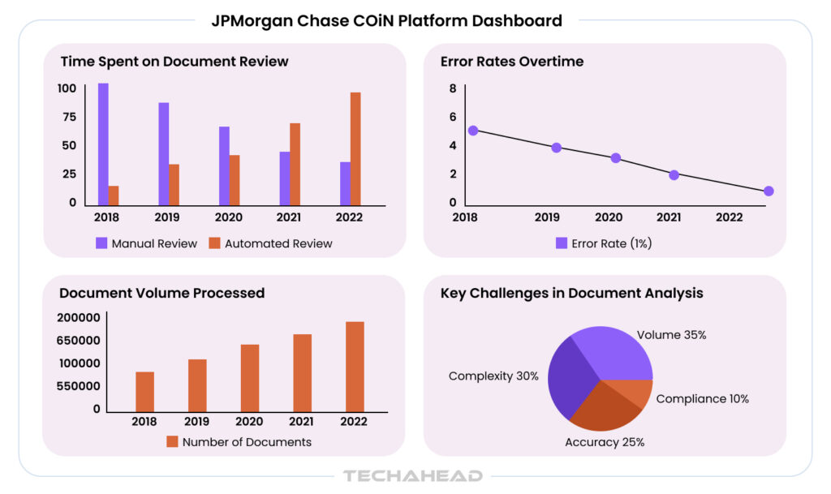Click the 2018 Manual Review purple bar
pyautogui.click(x=103, y=144)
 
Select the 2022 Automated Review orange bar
pyautogui.click(x=355, y=148)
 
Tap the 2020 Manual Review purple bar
pyautogui.click(x=224, y=165)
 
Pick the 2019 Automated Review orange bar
pyautogui.click(x=174, y=185)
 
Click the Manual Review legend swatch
pyautogui.click(x=101, y=243)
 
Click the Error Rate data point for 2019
pyautogui.click(x=557, y=148)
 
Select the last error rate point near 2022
pyautogui.click(x=769, y=191)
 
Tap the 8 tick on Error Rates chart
pyautogui.click(x=453, y=88)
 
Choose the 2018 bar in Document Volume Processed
pyautogui.click(x=145, y=392)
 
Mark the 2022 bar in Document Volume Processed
pyautogui.click(x=355, y=367)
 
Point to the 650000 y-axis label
pyautogui.click(x=78, y=341)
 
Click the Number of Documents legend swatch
pyautogui.click(x=172, y=442)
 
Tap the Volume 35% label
pyautogui.click(x=671, y=334)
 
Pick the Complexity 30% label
pyautogui.click(x=493, y=376)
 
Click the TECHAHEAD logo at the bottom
pyautogui.click(x=413, y=476)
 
